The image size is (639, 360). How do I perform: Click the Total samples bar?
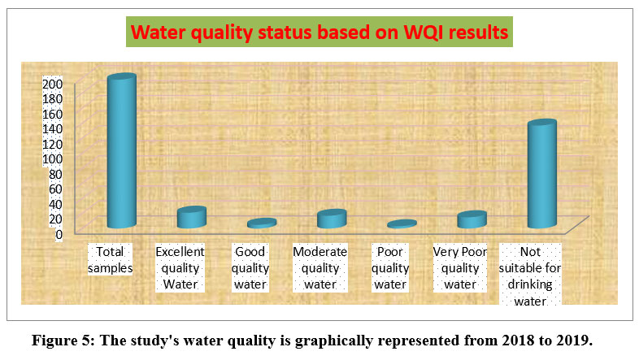[x=121, y=150]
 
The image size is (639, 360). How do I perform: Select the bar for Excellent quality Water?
[x=192, y=217]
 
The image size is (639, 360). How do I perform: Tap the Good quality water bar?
[x=262, y=223]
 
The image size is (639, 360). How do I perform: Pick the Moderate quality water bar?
[x=332, y=219]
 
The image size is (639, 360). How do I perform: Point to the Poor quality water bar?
[x=402, y=224]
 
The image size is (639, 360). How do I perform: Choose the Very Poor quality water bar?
[x=472, y=219]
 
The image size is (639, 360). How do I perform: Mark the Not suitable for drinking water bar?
[x=542, y=173]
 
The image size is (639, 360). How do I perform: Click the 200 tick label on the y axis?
[x=53, y=84]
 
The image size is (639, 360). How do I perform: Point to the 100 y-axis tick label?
[x=53, y=158]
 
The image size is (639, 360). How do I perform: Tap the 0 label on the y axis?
[x=59, y=234]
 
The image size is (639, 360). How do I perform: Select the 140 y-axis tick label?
[x=53, y=128]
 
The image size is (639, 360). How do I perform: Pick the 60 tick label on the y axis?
[x=56, y=189]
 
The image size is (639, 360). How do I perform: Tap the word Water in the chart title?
[x=158, y=33]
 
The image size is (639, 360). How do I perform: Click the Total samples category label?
[x=110, y=260]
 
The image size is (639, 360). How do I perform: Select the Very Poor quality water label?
[x=459, y=268]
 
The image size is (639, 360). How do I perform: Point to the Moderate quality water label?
[x=320, y=268]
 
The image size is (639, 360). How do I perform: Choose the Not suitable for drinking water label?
[x=530, y=276]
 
